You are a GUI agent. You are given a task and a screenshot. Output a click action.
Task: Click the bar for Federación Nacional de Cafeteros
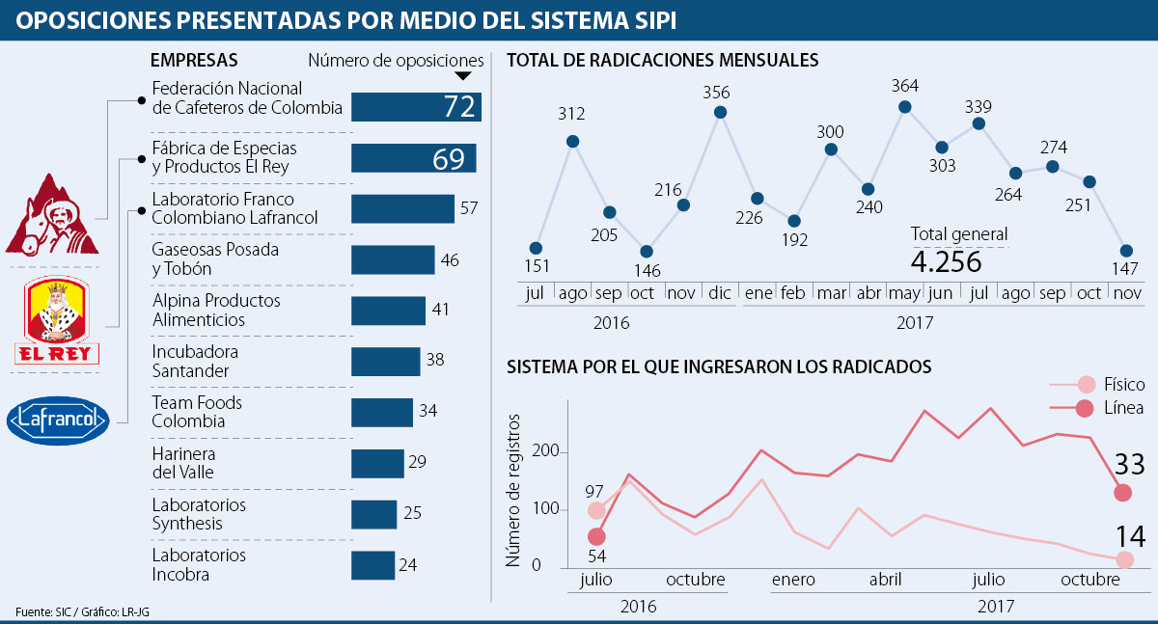coord(416,106)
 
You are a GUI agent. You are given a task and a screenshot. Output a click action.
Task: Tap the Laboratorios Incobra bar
coord(372,565)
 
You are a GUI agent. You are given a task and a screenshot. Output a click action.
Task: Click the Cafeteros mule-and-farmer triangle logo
coord(52,218)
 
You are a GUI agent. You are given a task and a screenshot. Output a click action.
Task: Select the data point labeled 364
coord(905,107)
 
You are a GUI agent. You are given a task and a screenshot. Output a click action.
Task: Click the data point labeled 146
coord(646,253)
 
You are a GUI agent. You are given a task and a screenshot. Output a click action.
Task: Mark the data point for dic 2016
coord(720,112)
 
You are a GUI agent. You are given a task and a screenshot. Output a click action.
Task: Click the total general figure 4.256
coord(946,262)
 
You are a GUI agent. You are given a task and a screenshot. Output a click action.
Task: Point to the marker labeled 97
coord(596,511)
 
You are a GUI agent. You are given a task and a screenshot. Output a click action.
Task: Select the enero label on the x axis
coord(793,581)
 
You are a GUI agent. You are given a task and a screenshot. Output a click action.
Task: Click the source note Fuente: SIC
coord(43,612)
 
